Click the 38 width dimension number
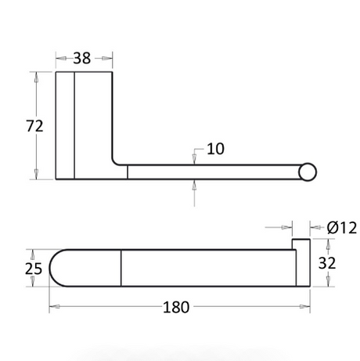(x=82, y=58)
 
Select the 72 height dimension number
(x=34, y=126)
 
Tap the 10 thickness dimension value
(x=215, y=149)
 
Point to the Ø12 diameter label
(x=341, y=227)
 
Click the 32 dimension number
(x=327, y=263)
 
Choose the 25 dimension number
(x=34, y=269)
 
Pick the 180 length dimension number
(x=176, y=307)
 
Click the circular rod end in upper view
(x=308, y=172)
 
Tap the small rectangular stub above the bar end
(x=301, y=244)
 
